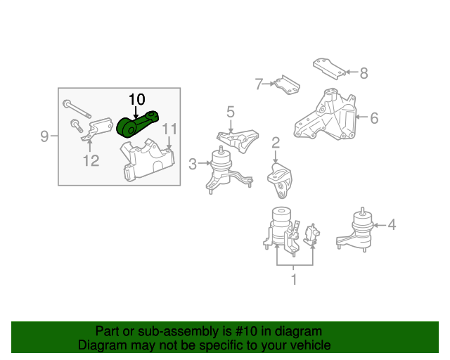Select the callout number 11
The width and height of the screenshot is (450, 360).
(x=169, y=129)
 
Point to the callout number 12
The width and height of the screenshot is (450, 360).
(x=91, y=161)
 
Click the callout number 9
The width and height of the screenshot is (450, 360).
(x=44, y=136)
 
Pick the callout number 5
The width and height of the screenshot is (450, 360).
(x=230, y=111)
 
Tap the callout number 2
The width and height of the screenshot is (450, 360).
(x=276, y=143)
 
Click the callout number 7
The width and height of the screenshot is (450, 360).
(x=258, y=84)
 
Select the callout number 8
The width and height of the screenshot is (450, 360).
(x=364, y=72)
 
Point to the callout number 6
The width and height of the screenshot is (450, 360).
(x=374, y=118)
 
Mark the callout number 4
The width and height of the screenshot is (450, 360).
(x=392, y=225)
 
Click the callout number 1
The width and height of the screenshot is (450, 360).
(x=294, y=280)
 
